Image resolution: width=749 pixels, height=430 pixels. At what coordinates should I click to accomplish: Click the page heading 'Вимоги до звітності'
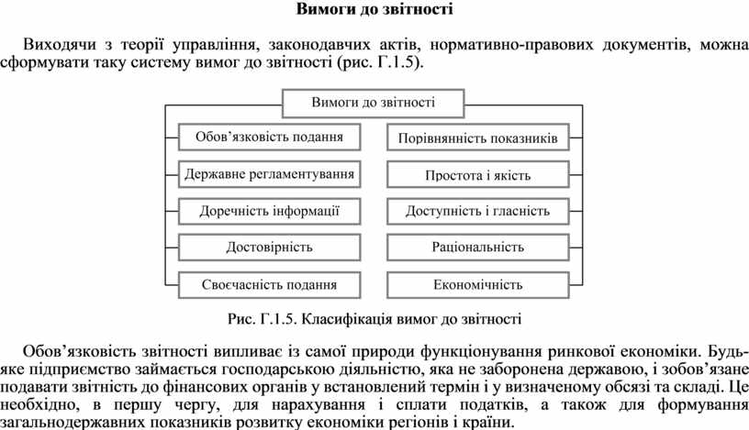[374, 11]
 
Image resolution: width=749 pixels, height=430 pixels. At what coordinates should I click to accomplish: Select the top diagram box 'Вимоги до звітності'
[374, 103]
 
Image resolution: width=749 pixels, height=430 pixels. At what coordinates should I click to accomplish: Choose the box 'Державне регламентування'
[269, 173]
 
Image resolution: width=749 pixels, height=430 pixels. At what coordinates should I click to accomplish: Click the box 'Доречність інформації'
[269, 211]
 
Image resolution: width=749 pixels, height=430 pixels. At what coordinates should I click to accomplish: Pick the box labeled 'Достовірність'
[269, 248]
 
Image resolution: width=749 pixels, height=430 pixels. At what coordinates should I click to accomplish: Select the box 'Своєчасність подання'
[269, 284]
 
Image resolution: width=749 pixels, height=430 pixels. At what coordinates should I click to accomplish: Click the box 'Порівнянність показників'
[477, 138]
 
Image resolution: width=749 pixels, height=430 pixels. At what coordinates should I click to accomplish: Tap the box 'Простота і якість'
[477, 174]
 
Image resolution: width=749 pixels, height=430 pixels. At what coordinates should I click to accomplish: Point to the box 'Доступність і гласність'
[477, 211]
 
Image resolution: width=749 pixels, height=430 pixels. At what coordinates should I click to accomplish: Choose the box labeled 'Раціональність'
[477, 248]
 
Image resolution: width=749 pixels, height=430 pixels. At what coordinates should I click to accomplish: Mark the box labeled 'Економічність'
[477, 284]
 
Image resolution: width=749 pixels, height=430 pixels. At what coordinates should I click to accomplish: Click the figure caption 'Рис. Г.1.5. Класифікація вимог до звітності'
[374, 320]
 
